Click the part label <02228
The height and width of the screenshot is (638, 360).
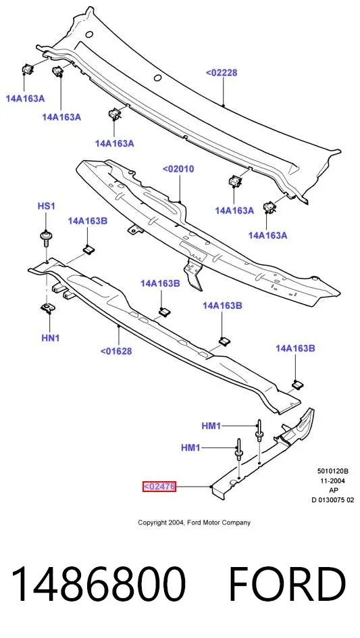tap(222, 73)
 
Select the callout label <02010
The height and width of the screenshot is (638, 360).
tap(178, 169)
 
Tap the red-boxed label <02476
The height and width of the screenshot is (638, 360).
tap(159, 486)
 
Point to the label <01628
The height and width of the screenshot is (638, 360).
tap(116, 351)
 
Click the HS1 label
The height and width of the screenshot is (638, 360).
tap(46, 206)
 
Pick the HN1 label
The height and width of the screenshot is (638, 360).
tap(51, 337)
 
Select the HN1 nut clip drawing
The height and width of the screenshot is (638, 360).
tap(49, 308)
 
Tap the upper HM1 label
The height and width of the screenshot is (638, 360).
tap(211, 426)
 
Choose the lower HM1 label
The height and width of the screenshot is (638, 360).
tap(190, 448)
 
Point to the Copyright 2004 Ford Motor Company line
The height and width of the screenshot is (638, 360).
tap(194, 522)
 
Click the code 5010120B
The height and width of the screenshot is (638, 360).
tap(333, 472)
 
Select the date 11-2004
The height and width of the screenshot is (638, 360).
tap(333, 481)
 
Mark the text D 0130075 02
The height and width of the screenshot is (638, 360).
tap(333, 500)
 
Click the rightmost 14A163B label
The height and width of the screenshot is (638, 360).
tap(295, 348)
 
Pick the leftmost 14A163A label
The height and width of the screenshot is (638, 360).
tap(25, 98)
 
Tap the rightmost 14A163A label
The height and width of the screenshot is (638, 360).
tap(267, 235)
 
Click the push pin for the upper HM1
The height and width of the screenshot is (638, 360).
tap(258, 431)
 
